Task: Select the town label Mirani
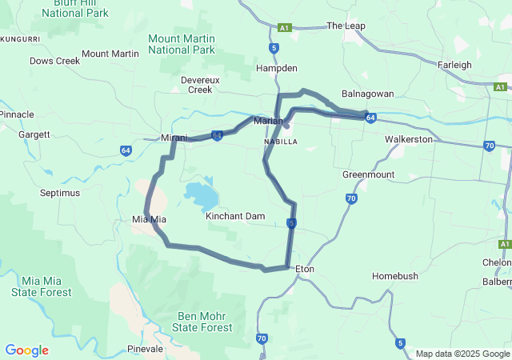click(x=174, y=138)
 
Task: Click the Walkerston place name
click(x=408, y=139)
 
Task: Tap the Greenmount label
click(x=368, y=174)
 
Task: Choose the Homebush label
click(x=394, y=276)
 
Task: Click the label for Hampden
click(x=276, y=69)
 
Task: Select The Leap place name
click(x=346, y=26)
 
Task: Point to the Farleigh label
click(x=454, y=65)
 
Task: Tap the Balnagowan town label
click(x=367, y=94)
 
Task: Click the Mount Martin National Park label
click(x=182, y=44)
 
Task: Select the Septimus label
click(x=60, y=193)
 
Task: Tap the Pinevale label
click(x=146, y=349)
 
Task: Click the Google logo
click(x=26, y=350)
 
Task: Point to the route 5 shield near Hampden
click(x=274, y=48)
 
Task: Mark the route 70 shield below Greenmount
click(x=351, y=198)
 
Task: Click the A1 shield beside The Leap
click(x=284, y=27)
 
